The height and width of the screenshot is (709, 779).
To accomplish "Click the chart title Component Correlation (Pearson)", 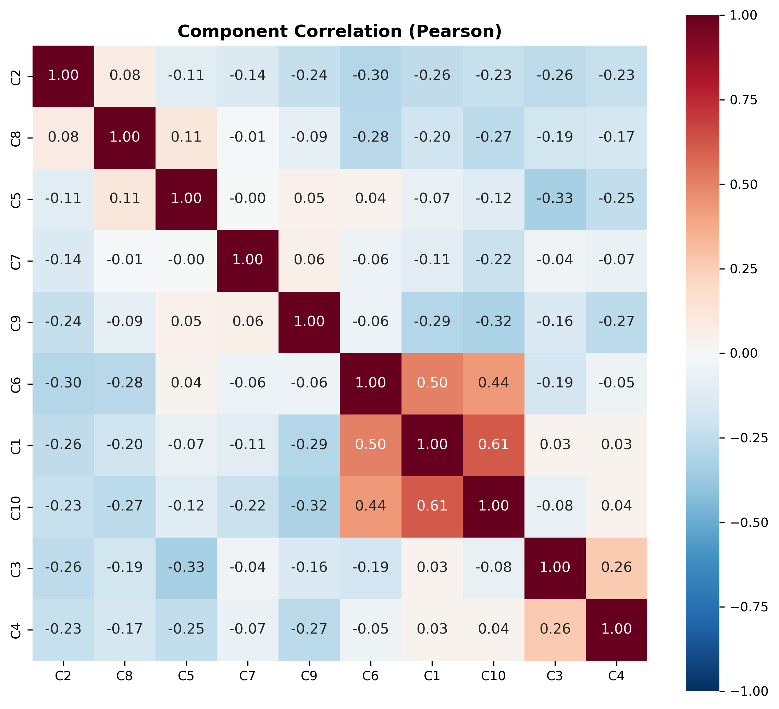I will [339, 31].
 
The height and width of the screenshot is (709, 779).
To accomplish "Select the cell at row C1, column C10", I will [493, 444].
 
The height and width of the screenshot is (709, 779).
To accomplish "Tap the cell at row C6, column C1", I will [432, 383].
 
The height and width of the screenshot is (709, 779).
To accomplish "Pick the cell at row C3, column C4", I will [616, 567].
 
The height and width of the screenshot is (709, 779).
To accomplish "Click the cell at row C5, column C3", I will [555, 199].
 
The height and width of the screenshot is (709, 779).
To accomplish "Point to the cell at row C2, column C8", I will [125, 75].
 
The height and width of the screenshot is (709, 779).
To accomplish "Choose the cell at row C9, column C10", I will [493, 322].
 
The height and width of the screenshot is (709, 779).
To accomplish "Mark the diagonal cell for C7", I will [248, 260].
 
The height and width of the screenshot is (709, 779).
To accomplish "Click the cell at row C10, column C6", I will [371, 506].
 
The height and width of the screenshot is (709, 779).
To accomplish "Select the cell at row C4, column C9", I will [309, 629].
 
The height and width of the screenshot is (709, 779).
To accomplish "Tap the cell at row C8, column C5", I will [186, 137].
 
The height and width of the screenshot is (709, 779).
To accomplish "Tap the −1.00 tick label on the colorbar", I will [748, 691].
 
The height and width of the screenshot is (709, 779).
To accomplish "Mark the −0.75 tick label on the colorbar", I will [748, 607].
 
